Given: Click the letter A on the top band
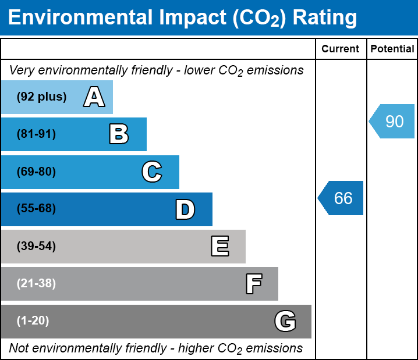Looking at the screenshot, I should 94,97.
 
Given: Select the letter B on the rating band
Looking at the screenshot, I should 119,134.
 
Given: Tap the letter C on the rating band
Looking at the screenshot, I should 151,172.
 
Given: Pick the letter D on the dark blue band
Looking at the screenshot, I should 185,209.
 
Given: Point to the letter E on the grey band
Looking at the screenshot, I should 219,247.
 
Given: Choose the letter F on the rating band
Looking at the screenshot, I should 253,284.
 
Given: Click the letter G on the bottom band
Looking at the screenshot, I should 285,321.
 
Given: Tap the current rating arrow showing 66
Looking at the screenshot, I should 341,198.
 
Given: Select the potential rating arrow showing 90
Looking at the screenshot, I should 392,121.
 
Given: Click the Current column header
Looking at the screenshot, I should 341,49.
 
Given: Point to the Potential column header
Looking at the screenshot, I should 392,49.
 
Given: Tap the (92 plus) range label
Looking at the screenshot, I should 41,97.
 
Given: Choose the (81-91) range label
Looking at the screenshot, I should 36,134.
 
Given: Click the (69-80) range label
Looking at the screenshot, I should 36,172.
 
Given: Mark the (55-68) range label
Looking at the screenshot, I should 36,209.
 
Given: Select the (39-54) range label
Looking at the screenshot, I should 36,247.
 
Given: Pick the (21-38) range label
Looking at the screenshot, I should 36,284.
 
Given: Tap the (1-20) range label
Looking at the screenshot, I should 33,321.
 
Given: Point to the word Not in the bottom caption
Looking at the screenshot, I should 20,348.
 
